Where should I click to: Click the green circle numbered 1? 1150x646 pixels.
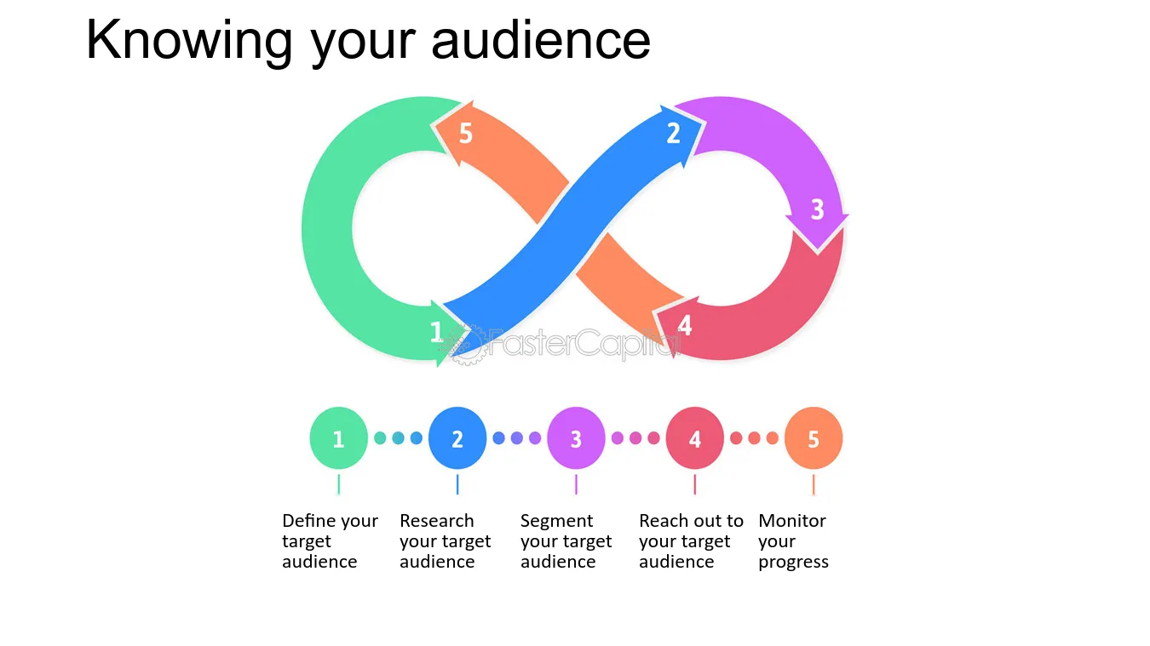click(x=338, y=438)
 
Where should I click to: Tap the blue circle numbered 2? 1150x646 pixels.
click(x=457, y=438)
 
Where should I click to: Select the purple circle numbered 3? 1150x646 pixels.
click(x=576, y=438)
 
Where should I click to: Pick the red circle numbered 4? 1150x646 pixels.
click(x=694, y=438)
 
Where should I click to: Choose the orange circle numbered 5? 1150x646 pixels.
click(x=814, y=438)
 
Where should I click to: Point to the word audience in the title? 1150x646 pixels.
click(x=541, y=39)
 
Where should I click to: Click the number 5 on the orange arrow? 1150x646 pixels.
click(x=465, y=134)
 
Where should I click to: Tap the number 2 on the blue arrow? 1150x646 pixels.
click(x=673, y=134)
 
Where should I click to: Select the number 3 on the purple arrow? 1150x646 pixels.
click(x=817, y=209)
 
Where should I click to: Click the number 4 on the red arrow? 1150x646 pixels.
click(x=685, y=326)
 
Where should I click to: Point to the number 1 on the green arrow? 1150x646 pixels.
click(x=436, y=332)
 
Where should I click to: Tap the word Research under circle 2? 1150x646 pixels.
click(x=436, y=521)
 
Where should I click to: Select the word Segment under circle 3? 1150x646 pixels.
click(x=556, y=521)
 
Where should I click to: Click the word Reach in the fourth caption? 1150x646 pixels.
click(x=661, y=521)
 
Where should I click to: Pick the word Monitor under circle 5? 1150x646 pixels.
click(x=792, y=521)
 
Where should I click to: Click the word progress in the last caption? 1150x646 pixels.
click(x=793, y=562)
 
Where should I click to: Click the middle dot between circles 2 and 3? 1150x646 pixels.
click(x=516, y=438)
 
